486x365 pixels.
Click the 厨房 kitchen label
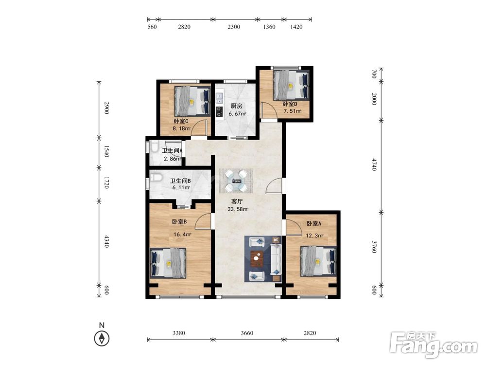[x=237, y=106]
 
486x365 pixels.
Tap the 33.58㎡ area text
[x=238, y=209]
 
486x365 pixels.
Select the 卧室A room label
[x=313, y=223]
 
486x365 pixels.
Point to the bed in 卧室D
[x=291, y=85]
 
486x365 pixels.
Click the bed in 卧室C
[x=192, y=101]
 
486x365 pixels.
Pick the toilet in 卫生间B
[x=156, y=178]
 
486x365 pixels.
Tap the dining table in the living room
[x=236, y=181]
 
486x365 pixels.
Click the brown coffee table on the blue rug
[x=257, y=258]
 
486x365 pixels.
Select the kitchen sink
[x=220, y=97]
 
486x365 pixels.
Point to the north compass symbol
[x=102, y=338]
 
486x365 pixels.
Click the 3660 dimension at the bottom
[x=247, y=333]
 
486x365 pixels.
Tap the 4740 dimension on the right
[x=374, y=164]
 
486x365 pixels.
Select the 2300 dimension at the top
[x=234, y=27]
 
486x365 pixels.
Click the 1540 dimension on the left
[x=106, y=151]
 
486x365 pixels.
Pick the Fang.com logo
[x=434, y=346]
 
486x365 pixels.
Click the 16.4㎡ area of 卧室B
[x=182, y=235]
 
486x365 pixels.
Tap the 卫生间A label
[x=172, y=151]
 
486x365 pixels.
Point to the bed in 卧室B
[x=168, y=263]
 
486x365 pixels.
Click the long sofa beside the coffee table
[x=276, y=259]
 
